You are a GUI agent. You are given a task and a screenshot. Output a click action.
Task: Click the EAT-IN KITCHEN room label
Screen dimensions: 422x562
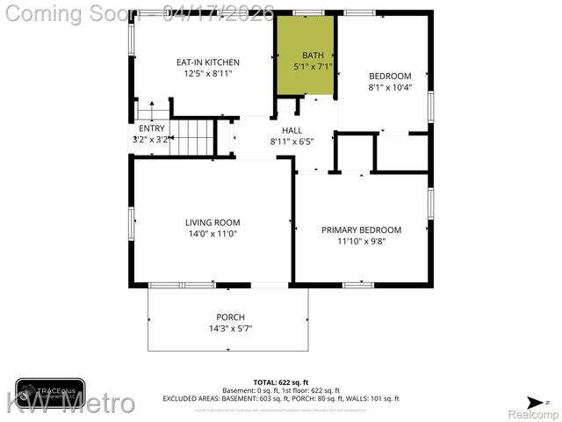tap(207, 62)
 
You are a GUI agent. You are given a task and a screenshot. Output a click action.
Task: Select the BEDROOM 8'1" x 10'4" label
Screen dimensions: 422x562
tap(389, 76)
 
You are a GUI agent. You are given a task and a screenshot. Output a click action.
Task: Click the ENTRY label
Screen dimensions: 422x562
tap(151, 128)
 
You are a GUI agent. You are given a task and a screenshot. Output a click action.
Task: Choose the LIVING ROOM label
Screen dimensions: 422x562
tap(212, 222)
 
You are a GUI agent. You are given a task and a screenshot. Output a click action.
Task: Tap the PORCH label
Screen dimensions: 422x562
tap(230, 317)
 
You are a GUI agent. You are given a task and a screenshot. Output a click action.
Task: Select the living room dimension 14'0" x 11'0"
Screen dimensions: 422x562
tap(212, 234)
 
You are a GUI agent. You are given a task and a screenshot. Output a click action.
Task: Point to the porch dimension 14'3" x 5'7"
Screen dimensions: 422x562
tap(230, 329)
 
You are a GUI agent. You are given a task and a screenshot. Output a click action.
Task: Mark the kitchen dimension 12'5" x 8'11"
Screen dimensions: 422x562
tap(207, 74)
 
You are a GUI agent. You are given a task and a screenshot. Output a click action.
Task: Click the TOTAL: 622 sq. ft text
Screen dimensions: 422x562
tap(280, 382)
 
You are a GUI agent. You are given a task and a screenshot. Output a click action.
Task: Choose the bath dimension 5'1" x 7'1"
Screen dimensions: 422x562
tap(313, 66)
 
